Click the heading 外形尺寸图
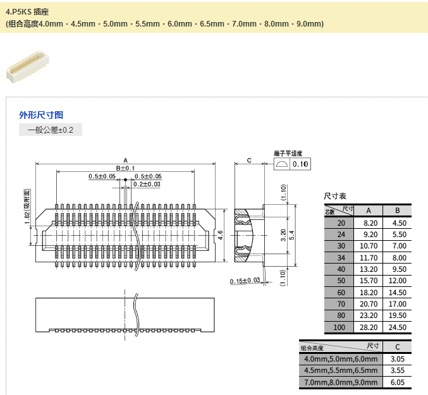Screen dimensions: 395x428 [x=41, y=115]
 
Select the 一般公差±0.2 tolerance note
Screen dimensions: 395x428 [x=51, y=130]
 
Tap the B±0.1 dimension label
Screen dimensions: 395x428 [x=126, y=168]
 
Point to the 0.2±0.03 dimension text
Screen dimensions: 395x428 [x=146, y=185]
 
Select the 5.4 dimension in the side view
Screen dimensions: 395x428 [x=291, y=235]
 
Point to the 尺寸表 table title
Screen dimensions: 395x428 [x=335, y=197]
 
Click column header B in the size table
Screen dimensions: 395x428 [x=396, y=210]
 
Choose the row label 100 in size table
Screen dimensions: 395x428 [x=341, y=327]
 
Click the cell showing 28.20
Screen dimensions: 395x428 [x=369, y=327]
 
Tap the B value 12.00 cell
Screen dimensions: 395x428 [x=396, y=281]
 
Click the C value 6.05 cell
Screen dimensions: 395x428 [x=397, y=382]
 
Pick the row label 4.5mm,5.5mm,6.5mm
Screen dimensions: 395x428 [x=341, y=370]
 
